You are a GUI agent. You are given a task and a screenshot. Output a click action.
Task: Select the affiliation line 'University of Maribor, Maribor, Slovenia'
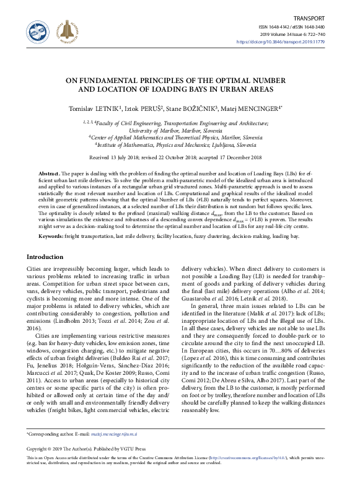[x=180, y=131]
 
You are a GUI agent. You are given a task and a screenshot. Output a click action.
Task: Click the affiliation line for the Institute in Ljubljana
[x=180, y=146]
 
